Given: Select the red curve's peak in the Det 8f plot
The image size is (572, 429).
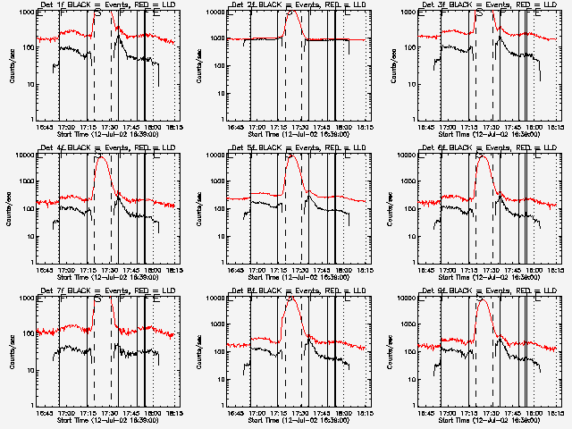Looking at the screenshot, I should point(292,298).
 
